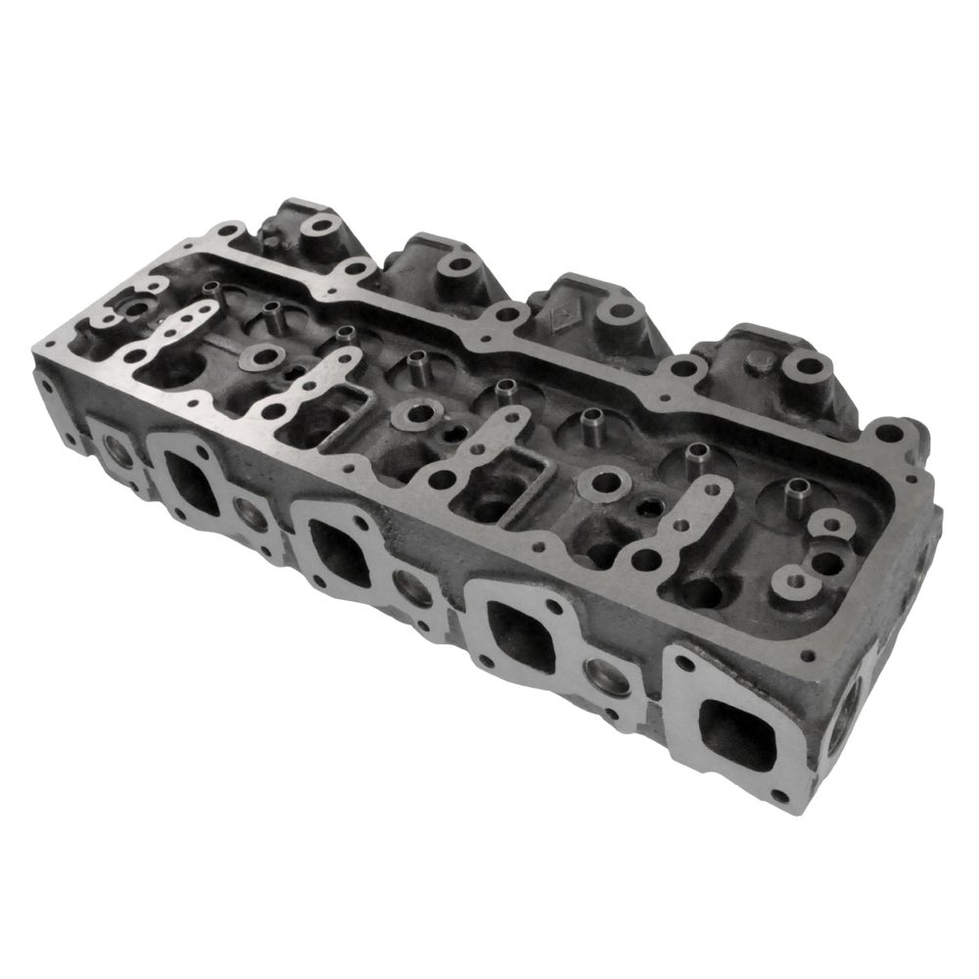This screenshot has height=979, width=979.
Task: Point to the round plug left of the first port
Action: pos(117,450)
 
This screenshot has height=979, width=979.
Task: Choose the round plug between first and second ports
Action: pos(252,514)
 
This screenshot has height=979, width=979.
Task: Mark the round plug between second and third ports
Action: pos(412,587)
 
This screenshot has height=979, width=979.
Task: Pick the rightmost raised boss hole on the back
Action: pos(809,369)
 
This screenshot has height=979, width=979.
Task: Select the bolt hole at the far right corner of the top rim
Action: pos(889,431)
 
